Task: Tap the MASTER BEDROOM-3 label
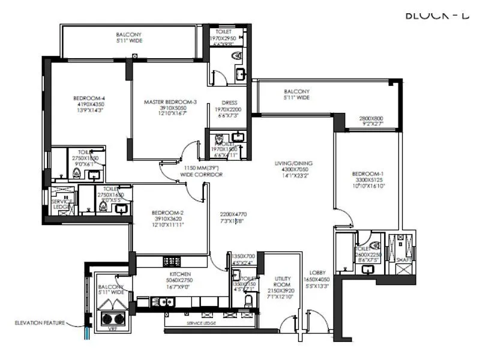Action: click(170, 102)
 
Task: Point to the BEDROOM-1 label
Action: click(369, 174)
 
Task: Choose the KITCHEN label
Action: click(179, 272)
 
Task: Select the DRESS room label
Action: click(230, 103)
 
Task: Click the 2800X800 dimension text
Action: click(371, 118)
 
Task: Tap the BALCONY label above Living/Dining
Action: click(297, 91)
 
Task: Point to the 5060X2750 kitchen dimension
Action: click(179, 279)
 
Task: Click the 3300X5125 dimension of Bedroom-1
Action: click(369, 180)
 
